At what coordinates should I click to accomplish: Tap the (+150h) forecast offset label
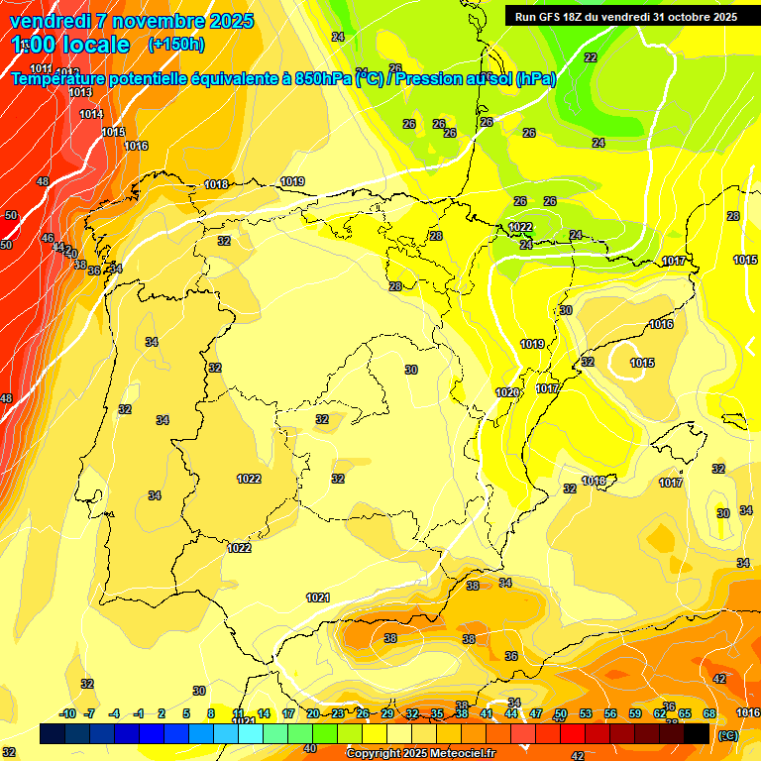coord(175,44)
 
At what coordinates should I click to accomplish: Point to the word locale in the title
coord(94,45)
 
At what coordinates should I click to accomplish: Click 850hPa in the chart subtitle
coord(320,78)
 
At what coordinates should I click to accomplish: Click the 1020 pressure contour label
coord(507,392)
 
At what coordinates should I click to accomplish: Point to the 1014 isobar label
coord(91,114)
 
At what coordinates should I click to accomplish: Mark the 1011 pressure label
coord(42,68)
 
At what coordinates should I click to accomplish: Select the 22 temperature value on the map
coord(591,57)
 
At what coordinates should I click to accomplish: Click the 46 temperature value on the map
coord(48,238)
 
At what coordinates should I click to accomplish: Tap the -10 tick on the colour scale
coord(67,713)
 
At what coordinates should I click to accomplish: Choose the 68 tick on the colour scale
coord(709,713)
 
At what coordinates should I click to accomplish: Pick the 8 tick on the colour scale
coord(211,713)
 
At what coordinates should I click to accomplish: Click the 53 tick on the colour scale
coord(586,713)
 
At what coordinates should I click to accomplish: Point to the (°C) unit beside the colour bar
coord(728,734)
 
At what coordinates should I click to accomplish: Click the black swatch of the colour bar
coord(697,733)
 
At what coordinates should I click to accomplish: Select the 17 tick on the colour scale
coord(288,713)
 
